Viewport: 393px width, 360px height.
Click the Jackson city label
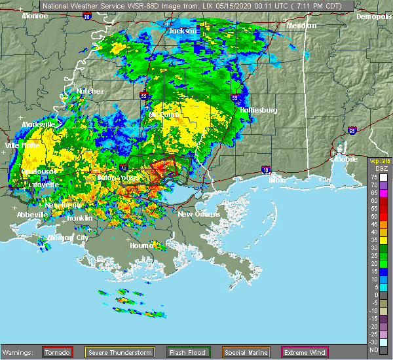[182, 31]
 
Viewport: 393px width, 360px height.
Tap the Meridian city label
[301, 26]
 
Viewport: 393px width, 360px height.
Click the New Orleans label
[195, 214]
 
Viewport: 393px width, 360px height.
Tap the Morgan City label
[73, 238]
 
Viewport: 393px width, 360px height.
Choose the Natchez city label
[90, 91]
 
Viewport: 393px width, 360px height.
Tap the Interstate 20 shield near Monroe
[87, 16]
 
